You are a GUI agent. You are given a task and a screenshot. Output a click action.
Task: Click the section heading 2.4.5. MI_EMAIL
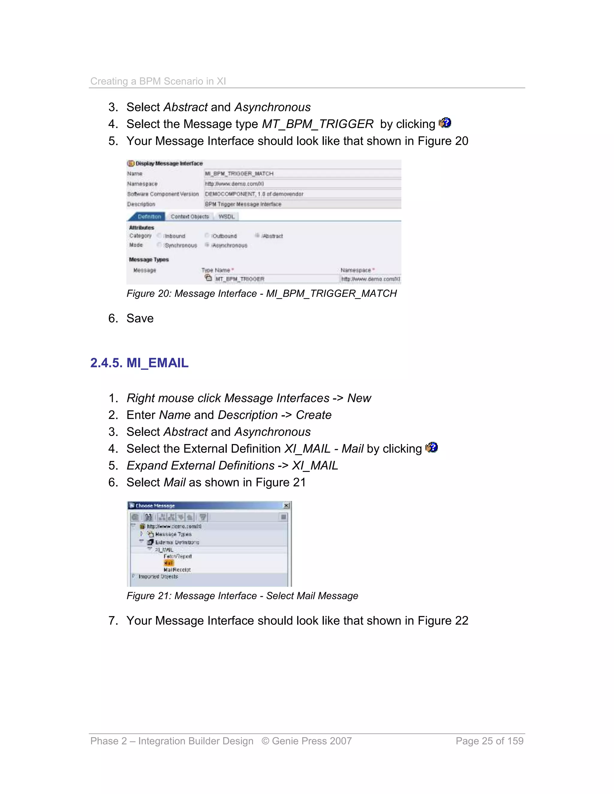[x=139, y=363]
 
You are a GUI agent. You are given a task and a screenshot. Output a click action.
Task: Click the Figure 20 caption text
[x=261, y=293]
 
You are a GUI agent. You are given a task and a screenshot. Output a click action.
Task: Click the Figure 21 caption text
[x=242, y=596]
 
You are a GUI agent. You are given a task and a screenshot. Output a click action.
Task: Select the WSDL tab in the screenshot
[x=226, y=217]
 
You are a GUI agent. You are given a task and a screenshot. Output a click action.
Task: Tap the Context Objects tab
[x=189, y=217]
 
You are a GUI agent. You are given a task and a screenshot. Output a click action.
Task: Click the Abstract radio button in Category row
[x=257, y=236]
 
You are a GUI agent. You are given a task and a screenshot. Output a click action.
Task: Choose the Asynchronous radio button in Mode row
[x=207, y=245]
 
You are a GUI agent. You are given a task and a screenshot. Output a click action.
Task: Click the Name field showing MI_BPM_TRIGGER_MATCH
[x=302, y=174]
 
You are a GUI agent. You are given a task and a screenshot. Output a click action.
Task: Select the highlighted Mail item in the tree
[x=169, y=563]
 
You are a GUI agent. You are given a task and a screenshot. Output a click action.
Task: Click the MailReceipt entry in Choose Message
[x=177, y=570]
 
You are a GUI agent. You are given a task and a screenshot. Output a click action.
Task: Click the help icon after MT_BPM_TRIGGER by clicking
[x=445, y=123]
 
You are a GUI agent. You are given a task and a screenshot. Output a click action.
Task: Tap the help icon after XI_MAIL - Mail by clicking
[x=431, y=448]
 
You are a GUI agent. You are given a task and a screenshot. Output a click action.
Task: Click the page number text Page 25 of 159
[x=489, y=741]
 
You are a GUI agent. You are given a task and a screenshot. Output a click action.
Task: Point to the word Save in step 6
[x=140, y=318]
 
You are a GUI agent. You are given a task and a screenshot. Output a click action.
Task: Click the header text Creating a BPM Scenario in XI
[x=158, y=81]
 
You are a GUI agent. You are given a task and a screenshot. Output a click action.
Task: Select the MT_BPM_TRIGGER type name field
[x=276, y=279]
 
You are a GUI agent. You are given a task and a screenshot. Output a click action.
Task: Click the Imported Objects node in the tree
[x=158, y=576]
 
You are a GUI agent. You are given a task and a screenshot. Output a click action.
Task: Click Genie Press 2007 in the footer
[x=311, y=741]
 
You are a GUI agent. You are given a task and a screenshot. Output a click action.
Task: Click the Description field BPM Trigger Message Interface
[x=302, y=204]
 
